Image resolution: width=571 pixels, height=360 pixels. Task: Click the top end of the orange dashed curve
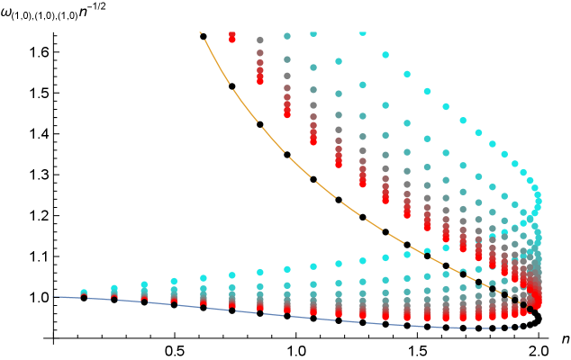click(200, 32)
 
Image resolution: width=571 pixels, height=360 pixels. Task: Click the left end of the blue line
click(54, 296)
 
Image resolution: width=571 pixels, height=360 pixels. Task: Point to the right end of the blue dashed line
click(520, 327)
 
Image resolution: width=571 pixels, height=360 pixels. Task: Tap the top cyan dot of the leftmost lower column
click(84, 292)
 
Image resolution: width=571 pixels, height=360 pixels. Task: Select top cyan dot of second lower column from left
click(114, 288)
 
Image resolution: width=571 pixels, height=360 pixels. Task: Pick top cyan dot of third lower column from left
click(144, 284)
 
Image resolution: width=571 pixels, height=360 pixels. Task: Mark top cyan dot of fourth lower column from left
click(174, 281)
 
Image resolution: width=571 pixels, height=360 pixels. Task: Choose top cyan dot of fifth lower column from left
click(204, 278)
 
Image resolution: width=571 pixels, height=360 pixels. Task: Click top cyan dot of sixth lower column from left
click(232, 275)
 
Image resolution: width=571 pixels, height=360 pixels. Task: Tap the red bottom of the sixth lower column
click(232, 307)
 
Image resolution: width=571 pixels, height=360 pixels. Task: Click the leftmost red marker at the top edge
click(232, 37)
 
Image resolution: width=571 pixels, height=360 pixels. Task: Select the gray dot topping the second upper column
click(260, 40)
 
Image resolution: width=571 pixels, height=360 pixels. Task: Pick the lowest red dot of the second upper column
click(260, 81)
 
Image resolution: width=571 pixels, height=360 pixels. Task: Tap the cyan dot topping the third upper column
click(287, 36)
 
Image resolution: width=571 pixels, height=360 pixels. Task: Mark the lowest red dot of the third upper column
click(287, 114)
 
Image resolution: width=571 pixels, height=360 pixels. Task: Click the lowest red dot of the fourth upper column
click(313, 141)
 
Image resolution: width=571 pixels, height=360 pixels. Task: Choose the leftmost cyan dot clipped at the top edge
click(313, 33)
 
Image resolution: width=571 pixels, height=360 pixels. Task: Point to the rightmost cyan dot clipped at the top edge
click(363, 33)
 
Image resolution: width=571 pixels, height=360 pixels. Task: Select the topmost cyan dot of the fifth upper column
click(339, 61)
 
